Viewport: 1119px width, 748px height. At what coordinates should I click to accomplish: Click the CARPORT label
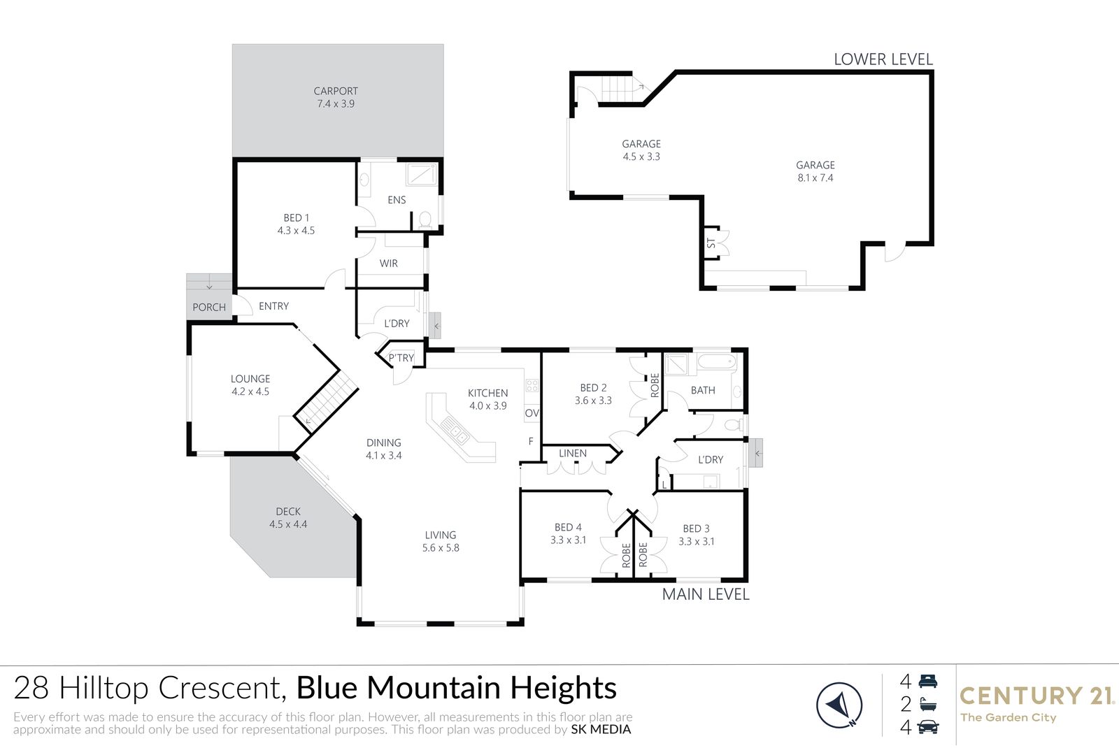pyautogui.click(x=336, y=91)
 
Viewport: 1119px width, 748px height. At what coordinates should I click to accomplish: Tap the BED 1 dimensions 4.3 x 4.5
pyautogui.click(x=297, y=230)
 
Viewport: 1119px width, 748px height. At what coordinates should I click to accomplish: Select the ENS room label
pyautogui.click(x=397, y=200)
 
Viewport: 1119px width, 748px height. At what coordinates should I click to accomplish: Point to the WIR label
pyautogui.click(x=389, y=263)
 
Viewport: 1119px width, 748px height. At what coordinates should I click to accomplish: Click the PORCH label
pyautogui.click(x=209, y=307)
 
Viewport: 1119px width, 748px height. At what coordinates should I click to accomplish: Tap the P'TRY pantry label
pyautogui.click(x=401, y=357)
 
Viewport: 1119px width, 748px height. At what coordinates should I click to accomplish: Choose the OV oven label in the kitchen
pyautogui.click(x=532, y=413)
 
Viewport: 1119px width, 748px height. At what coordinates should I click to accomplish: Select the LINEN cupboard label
pyautogui.click(x=573, y=453)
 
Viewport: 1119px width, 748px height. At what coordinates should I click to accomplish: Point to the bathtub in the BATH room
pyautogui.click(x=717, y=361)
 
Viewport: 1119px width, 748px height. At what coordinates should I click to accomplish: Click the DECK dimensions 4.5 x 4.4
pyautogui.click(x=288, y=524)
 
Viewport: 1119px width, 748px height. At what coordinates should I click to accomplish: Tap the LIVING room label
pyautogui.click(x=441, y=535)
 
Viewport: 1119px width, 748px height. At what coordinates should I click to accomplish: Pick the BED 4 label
pyautogui.click(x=568, y=527)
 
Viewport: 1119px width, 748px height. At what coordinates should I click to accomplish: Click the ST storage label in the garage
pyautogui.click(x=711, y=243)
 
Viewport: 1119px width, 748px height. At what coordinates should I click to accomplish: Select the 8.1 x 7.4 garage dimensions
pyautogui.click(x=815, y=178)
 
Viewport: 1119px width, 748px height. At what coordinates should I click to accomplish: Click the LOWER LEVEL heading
pyautogui.click(x=883, y=59)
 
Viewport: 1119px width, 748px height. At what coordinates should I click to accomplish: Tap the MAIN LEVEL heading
pyautogui.click(x=706, y=594)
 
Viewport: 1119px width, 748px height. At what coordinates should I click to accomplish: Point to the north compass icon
pyautogui.click(x=839, y=705)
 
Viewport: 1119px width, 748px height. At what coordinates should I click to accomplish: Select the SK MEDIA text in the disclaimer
pyautogui.click(x=601, y=730)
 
